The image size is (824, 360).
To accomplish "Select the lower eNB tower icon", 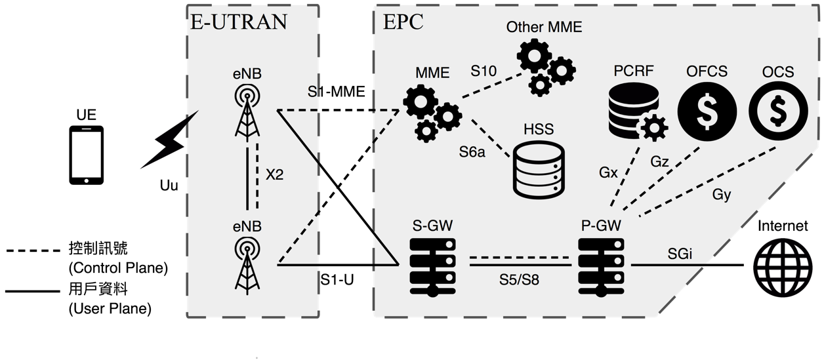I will (247, 262).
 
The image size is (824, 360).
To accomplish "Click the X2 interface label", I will (274, 175).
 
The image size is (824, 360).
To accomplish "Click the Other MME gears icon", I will (544, 66).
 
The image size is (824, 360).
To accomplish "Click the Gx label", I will (608, 174).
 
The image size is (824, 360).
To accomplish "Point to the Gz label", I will (660, 161).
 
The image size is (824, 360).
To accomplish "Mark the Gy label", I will (722, 195).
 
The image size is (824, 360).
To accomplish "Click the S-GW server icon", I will (432, 265).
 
